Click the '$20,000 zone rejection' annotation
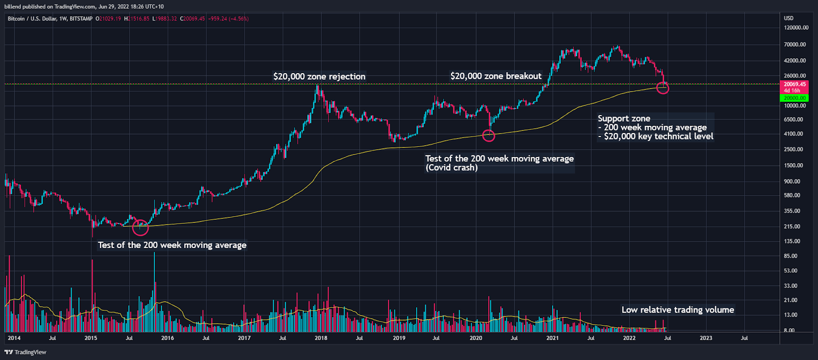(x=319, y=77)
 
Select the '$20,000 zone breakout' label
(x=495, y=76)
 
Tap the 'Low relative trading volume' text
(x=677, y=310)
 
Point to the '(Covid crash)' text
(x=451, y=168)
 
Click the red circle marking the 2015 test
(x=140, y=227)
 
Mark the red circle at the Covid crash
(x=489, y=136)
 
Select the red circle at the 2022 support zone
(x=663, y=87)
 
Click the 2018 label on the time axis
(x=321, y=338)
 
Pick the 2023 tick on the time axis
(x=706, y=338)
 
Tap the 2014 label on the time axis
(x=14, y=338)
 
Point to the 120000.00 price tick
(x=796, y=28)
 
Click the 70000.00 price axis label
(x=795, y=45)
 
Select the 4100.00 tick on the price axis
(x=794, y=134)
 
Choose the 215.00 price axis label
(x=792, y=227)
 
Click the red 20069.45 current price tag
(x=794, y=84)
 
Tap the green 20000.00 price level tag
(x=794, y=98)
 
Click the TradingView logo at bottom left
(x=26, y=352)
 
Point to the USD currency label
(x=789, y=18)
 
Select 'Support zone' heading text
(x=624, y=119)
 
